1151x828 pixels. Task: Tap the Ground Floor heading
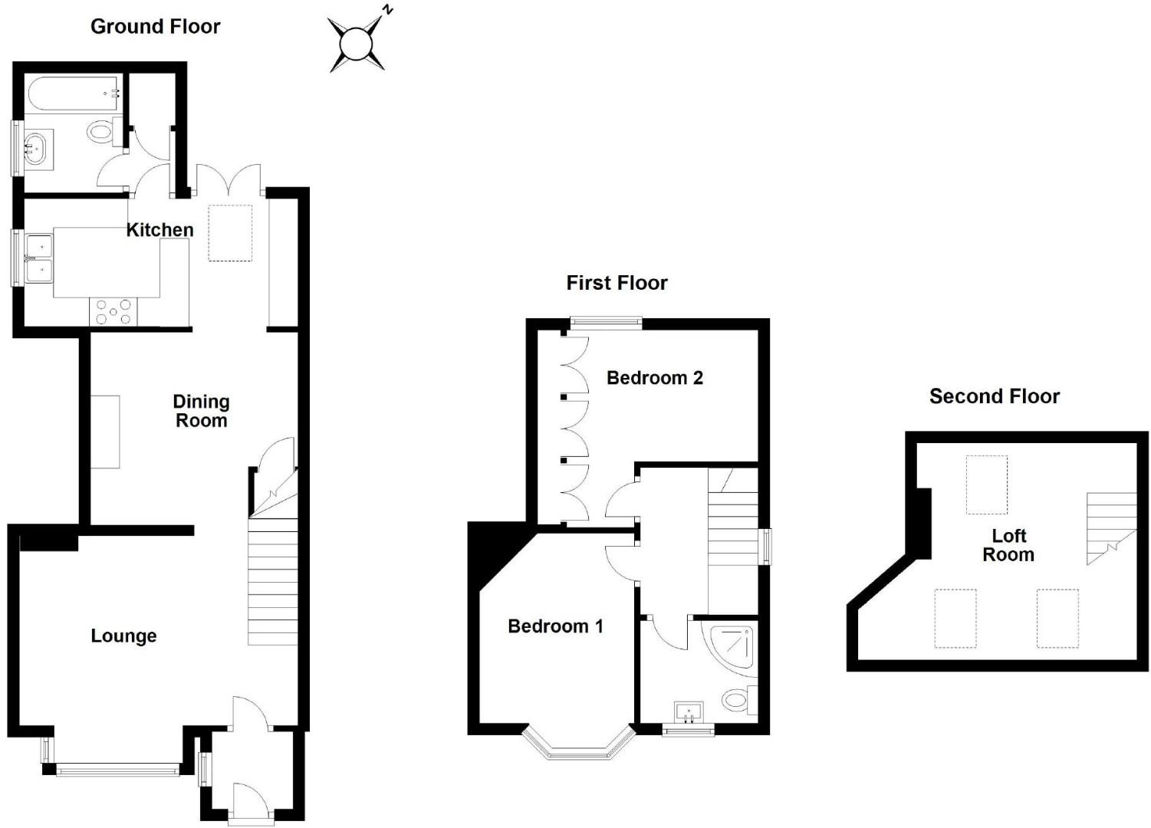155,27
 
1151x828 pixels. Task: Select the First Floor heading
617,283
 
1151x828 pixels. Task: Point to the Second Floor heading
994,396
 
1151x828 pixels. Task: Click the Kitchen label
159,230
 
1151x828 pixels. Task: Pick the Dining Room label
201,411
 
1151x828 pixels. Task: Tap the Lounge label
123,636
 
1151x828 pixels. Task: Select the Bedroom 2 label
654,378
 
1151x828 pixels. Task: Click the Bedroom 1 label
555,626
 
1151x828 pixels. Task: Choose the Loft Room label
1008,545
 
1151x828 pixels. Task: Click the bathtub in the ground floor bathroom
74,94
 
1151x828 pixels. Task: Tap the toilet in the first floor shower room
738,699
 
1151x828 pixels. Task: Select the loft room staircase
1110,527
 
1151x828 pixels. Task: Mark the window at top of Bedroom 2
606,324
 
